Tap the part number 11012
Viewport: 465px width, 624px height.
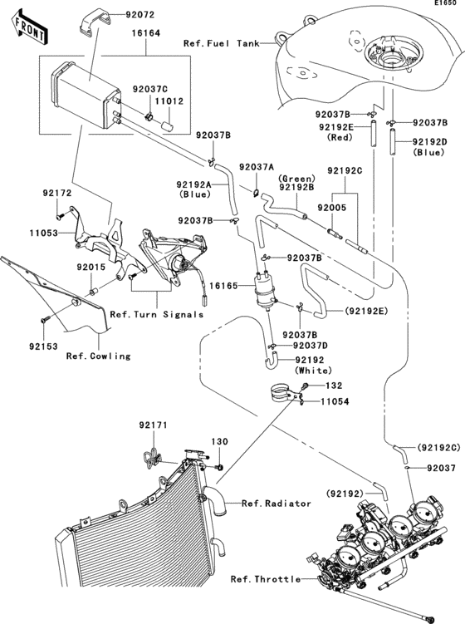point(171,101)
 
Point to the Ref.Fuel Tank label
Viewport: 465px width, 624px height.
point(229,42)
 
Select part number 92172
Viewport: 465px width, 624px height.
point(58,193)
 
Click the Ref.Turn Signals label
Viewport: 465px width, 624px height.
point(156,315)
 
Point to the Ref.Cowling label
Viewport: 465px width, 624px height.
point(99,356)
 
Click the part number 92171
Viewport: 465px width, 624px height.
point(153,425)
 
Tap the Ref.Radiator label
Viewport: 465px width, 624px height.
point(277,504)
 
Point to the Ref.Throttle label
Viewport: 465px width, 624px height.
point(266,578)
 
